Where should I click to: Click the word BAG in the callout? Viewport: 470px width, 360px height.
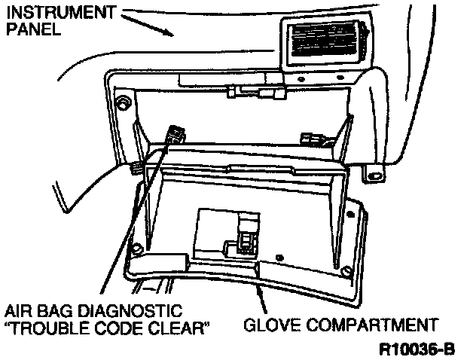[x=65, y=311]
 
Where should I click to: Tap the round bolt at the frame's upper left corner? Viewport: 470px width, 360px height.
[x=121, y=103]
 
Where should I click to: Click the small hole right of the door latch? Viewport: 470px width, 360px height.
[x=280, y=255]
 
